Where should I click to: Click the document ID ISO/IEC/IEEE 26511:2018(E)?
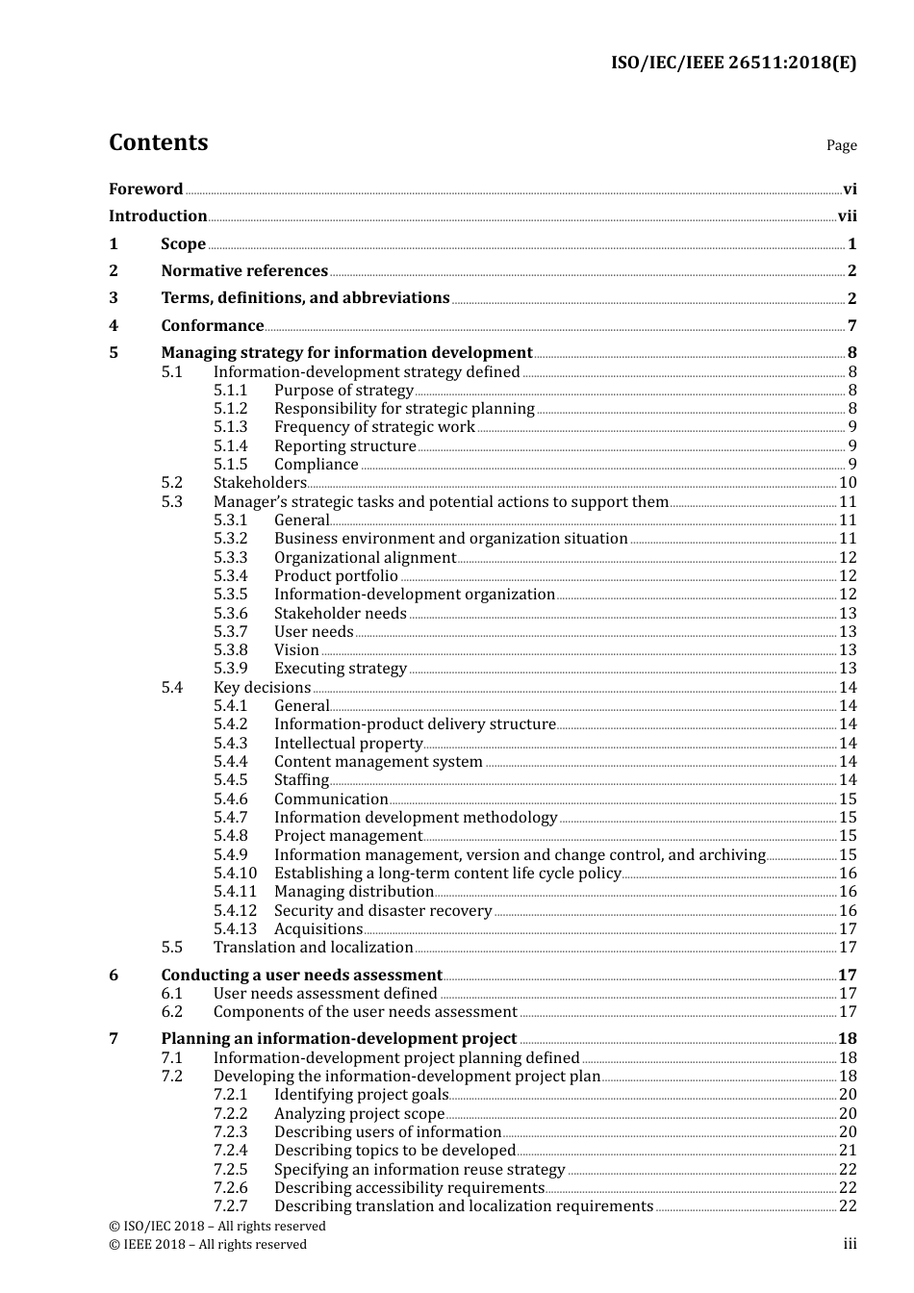733,63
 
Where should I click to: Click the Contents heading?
158,142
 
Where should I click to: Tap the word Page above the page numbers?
841,145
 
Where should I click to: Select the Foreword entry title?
145,190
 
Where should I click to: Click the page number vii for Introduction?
847,216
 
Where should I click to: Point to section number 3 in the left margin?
114,298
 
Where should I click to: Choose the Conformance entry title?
212,326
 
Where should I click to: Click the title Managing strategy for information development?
346,353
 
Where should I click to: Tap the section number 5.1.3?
230,427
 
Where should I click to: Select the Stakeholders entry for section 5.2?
260,483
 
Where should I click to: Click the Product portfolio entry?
336,576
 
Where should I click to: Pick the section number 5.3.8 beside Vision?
230,650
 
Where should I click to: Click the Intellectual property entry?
348,744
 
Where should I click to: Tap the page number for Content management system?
848,762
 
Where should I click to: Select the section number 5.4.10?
235,874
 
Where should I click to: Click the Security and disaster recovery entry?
383,911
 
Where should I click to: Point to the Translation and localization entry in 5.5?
313,948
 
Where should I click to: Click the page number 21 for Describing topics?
848,1151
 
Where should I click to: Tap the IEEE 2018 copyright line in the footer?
208,1245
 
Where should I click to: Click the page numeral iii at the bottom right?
850,1245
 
